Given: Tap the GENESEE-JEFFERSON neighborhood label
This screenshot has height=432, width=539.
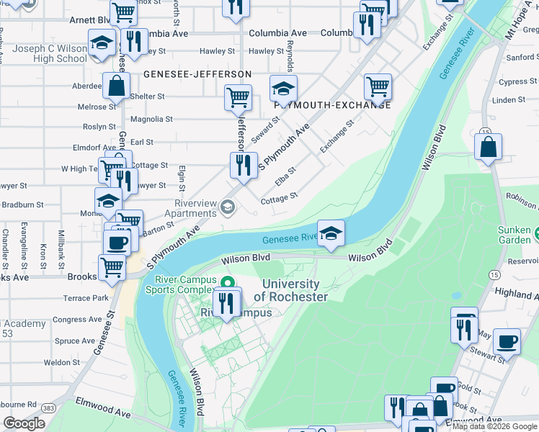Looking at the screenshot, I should tap(197, 74).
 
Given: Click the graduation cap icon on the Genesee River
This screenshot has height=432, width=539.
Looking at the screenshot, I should tap(331, 234).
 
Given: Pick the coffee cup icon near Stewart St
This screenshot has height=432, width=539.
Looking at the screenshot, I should tap(507, 342).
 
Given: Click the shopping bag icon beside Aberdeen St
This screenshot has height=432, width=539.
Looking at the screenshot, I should tap(115, 87).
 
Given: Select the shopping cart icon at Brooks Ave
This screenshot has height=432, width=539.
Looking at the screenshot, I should tap(112, 267).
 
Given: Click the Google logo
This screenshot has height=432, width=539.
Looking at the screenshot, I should tap(24, 423).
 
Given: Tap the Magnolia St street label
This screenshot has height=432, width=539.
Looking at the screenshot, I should tap(151, 120).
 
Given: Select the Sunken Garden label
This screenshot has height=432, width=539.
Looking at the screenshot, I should tap(514, 235).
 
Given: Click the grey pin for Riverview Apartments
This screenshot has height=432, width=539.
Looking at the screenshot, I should tap(228, 208).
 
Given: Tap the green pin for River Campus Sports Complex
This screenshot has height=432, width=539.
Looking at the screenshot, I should tap(228, 282).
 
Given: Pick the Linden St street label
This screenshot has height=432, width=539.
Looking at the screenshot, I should tap(509, 100).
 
